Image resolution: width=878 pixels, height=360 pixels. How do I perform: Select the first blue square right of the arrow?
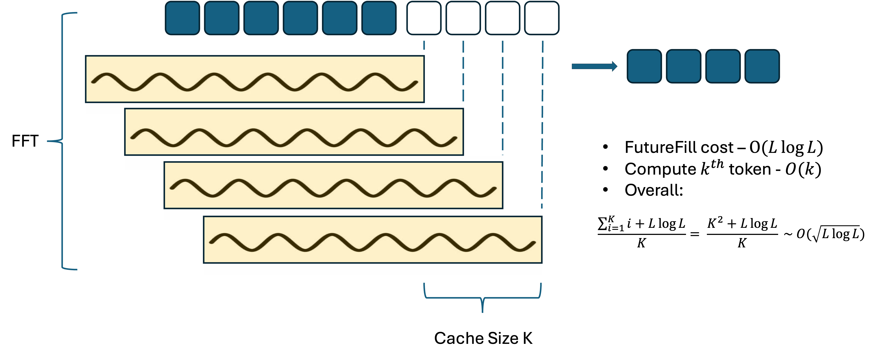[644, 66]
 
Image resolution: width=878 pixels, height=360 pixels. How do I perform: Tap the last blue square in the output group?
[762, 66]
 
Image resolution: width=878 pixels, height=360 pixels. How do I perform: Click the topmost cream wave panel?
[255, 79]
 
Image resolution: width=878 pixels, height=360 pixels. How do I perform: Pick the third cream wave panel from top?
[333, 185]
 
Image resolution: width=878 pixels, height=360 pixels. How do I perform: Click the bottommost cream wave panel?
[373, 240]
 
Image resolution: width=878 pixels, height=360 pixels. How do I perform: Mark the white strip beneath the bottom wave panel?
[373, 269]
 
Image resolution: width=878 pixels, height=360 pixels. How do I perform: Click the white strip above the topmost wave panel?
[255, 52]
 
